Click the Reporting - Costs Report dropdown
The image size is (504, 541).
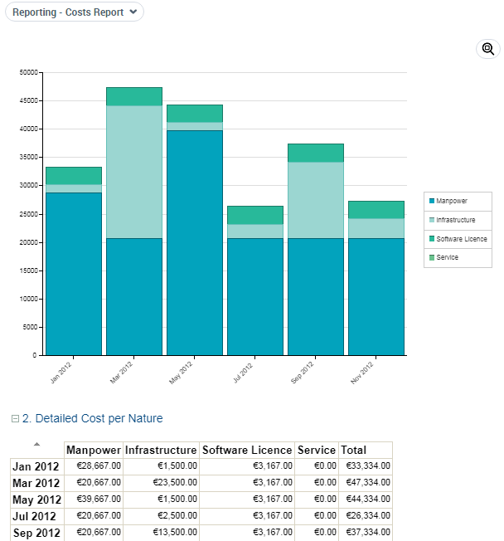pos(75,12)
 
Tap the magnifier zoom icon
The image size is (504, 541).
pos(488,49)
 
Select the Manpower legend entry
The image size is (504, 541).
pos(452,202)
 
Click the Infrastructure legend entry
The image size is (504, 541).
pos(456,220)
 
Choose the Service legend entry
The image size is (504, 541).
pos(447,257)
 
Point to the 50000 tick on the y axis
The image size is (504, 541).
pos(29,72)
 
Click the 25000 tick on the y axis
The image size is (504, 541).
pos(29,214)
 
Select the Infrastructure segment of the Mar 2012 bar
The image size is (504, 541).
pos(134,172)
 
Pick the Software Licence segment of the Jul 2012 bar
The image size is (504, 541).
pos(255,215)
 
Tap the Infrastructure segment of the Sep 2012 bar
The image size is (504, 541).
pos(316,200)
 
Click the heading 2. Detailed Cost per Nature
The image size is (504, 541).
pos(92,418)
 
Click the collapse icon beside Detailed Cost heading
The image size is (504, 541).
pos(15,419)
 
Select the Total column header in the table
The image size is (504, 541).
pos(353,450)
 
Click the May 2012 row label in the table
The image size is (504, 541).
pos(36,500)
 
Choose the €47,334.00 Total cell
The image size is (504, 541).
pos(365,483)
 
